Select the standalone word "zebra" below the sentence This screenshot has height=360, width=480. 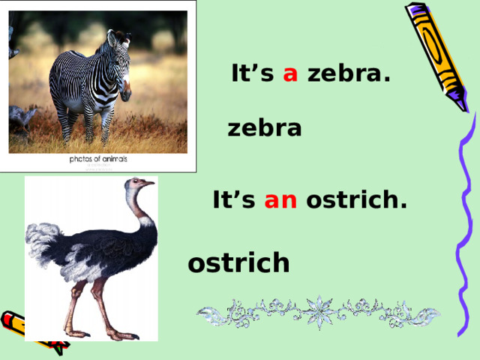click(264, 129)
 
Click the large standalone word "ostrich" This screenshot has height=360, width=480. click(238, 263)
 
